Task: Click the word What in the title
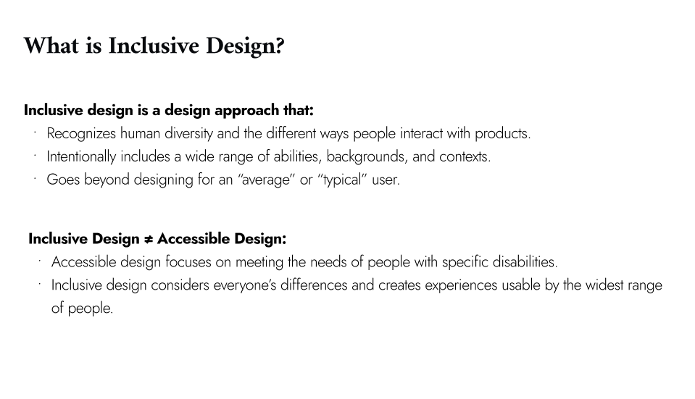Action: [x=48, y=46]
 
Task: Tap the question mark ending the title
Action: [x=279, y=46]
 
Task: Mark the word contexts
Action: [x=465, y=156]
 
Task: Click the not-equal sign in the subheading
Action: [x=147, y=239]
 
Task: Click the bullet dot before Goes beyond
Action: [x=34, y=177]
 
